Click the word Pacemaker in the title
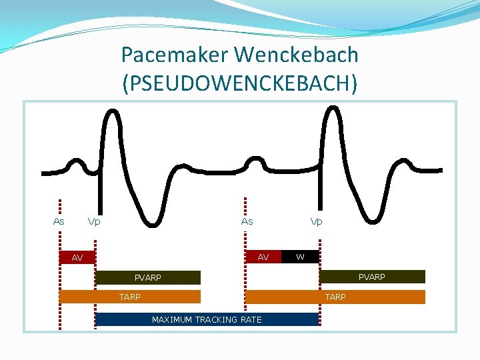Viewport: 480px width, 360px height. (175, 54)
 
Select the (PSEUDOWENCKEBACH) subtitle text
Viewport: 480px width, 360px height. (240, 83)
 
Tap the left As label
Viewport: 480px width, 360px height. (59, 221)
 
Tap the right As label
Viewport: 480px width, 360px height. (247, 221)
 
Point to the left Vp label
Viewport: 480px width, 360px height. (94, 221)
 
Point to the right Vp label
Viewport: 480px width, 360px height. (316, 221)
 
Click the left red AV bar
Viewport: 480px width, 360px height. (77, 257)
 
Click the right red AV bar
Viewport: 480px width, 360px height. (263, 257)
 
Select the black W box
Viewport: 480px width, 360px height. (300, 257)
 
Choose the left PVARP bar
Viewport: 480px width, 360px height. (147, 277)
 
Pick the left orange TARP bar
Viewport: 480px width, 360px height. (130, 297)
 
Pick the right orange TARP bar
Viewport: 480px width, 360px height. (335, 297)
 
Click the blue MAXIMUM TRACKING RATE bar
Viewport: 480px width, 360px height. (207, 319)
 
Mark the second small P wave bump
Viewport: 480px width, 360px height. (254, 161)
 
